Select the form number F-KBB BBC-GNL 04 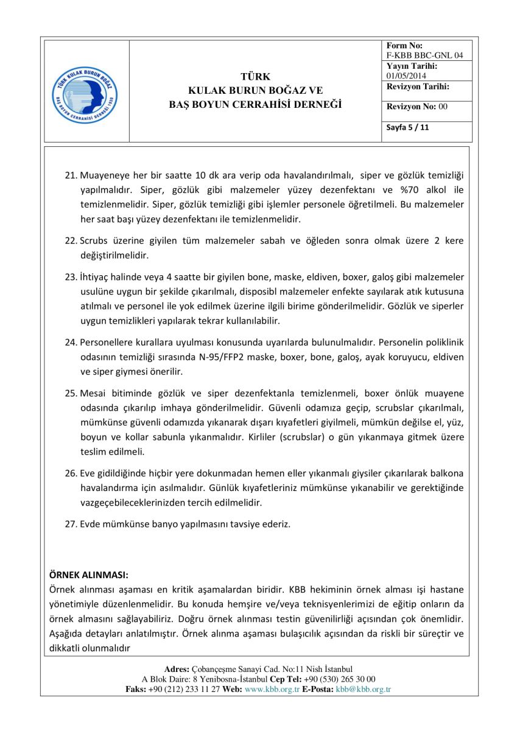424,55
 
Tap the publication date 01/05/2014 407,76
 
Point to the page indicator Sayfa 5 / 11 408,128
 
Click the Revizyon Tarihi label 417,87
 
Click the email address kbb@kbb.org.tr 363,689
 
